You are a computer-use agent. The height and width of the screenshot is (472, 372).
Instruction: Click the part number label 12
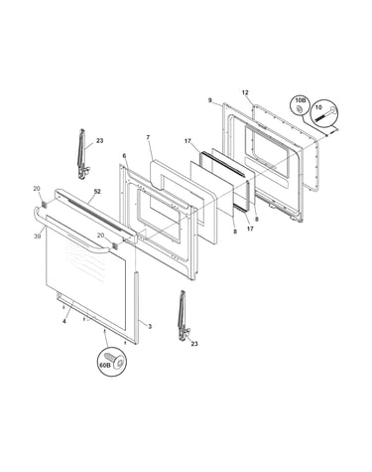coord(245,93)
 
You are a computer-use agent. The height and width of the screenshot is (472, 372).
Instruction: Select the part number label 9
coord(210,100)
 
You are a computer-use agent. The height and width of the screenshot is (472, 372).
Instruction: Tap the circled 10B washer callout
coord(300,106)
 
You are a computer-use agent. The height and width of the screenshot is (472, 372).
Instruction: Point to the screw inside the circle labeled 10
coord(325,114)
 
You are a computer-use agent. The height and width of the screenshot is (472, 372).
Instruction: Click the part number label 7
coord(148,136)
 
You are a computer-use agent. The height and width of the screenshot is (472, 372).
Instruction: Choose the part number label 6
coord(124,156)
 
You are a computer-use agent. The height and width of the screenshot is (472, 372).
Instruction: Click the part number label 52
coord(97,192)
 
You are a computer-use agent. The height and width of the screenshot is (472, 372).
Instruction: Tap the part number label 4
coord(64,322)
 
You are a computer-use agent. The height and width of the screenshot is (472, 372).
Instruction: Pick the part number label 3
coord(150,327)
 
